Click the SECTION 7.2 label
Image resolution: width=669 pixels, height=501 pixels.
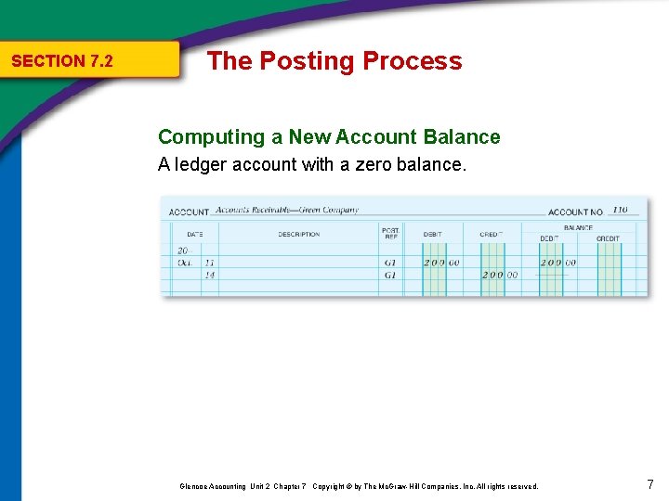click(61, 61)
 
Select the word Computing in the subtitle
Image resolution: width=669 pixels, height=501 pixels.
click(211, 137)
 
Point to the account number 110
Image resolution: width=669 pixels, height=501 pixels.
click(619, 210)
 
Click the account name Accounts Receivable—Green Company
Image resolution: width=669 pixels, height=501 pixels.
click(287, 211)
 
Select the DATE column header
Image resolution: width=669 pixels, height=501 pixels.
click(194, 235)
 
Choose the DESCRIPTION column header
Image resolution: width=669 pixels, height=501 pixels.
click(298, 235)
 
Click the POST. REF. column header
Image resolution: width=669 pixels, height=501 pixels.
click(390, 232)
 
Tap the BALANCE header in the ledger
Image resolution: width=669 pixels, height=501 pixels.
click(577, 227)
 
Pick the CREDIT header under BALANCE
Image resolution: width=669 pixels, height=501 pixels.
click(608, 238)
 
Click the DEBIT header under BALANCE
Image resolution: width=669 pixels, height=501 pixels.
click(550, 238)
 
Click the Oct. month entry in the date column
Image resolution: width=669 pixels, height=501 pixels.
click(186, 263)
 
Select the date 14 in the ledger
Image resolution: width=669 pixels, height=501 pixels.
click(209, 276)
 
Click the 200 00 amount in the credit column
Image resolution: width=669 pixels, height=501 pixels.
click(499, 276)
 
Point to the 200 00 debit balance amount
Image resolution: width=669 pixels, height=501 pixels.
click(557, 263)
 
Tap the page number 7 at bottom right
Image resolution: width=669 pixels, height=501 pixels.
click(649, 484)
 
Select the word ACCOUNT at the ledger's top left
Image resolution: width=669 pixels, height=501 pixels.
click(189, 212)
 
